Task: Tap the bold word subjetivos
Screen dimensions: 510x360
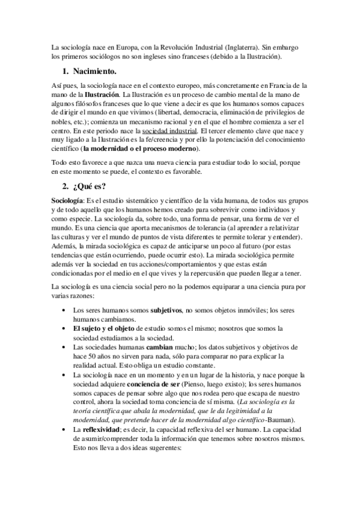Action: [x=166, y=310]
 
